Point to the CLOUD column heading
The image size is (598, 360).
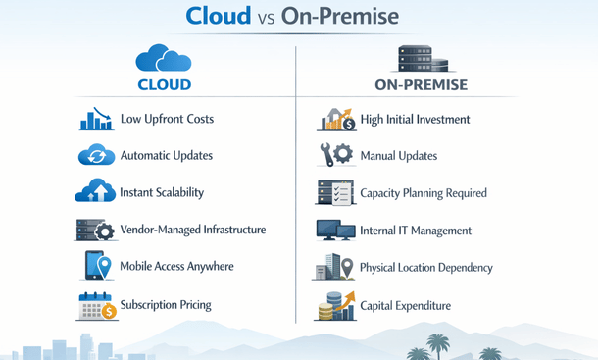tap(164, 84)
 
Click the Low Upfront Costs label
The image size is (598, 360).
tap(167, 119)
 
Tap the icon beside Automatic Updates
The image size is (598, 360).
tap(96, 155)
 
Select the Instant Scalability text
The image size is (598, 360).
tap(162, 192)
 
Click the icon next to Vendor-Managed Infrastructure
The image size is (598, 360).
tap(96, 231)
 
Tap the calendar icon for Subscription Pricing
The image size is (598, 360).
tap(96, 306)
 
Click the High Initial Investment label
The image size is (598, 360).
tap(415, 119)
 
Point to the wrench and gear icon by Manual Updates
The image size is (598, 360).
tap(336, 155)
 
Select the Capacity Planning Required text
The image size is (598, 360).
tap(424, 192)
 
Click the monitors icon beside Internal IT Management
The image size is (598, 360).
tap(336, 231)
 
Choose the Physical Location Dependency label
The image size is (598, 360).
tap(426, 267)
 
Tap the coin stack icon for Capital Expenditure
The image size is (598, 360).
tap(334, 306)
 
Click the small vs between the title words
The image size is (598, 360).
tap(279, 19)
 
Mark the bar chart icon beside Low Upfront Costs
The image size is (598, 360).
tap(96, 119)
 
